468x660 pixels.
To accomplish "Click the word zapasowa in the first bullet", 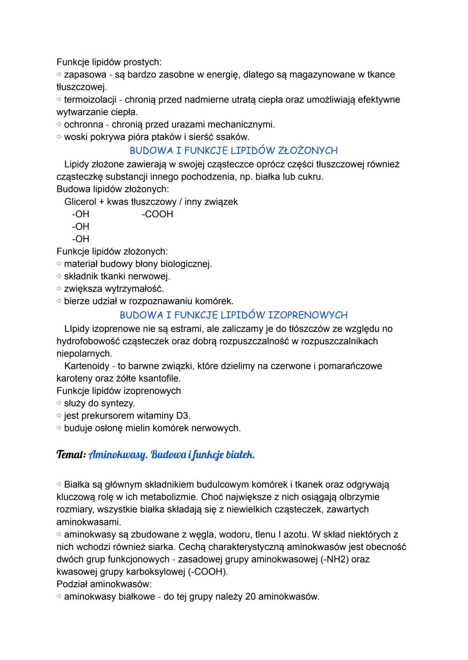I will coord(85,75).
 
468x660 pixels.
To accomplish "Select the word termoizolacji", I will coord(90,100).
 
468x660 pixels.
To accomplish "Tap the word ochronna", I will coord(84,125).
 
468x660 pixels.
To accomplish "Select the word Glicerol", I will coord(81,202).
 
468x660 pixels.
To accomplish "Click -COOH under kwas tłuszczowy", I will coord(157,214).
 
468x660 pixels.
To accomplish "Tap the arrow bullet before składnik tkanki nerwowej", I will coord(59,276).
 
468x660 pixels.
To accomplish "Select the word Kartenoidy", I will coord(87,366).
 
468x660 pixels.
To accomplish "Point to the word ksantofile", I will coord(159,378).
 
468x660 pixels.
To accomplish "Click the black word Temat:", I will coord(71,455).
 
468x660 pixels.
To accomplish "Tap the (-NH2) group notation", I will coord(335,559).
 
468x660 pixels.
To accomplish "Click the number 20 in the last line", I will coord(250,597).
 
